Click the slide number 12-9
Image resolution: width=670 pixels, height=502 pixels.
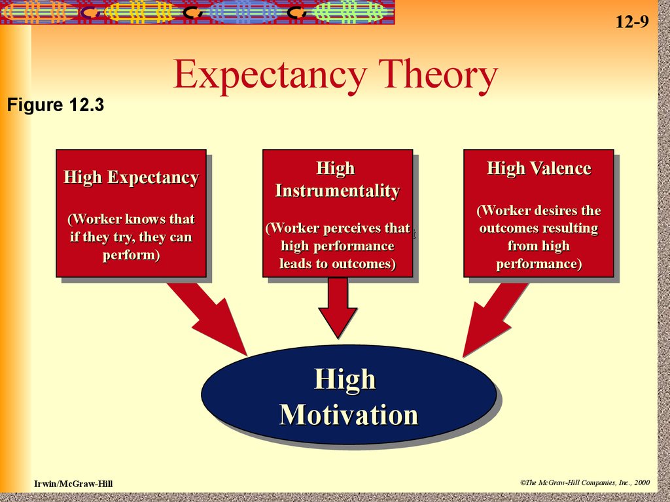[632, 22]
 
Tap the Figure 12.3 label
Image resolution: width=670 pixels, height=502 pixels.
[56, 105]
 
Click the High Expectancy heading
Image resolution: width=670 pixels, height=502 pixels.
[131, 177]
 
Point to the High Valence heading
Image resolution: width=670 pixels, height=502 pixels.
[539, 168]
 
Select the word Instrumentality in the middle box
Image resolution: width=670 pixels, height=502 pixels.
[338, 190]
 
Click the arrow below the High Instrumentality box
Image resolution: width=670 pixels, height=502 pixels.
[338, 308]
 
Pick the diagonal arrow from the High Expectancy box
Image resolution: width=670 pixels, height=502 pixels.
[207, 319]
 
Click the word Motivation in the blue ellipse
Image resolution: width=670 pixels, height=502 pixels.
[348, 414]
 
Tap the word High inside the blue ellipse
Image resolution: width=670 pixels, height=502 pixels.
[345, 379]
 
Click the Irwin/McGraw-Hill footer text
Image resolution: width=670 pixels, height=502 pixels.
[73, 484]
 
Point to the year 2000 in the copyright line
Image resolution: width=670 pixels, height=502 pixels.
[642, 482]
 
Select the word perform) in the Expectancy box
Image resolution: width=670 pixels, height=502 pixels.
[131, 255]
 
